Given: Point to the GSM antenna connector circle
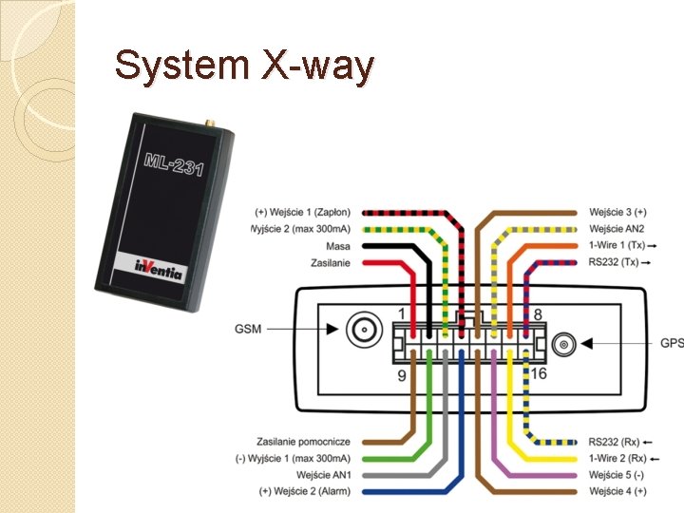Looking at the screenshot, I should point(362,331).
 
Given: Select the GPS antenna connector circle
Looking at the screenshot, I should point(563,343).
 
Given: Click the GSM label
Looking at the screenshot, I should point(250,330).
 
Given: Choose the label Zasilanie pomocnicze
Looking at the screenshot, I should point(303,442).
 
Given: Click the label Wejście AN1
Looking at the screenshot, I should point(324,474).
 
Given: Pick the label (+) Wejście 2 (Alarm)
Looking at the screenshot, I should point(304,490).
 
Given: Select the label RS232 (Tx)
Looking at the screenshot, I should point(614,262).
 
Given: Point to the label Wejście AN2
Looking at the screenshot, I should point(617,229).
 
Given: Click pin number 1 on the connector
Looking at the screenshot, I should point(402,314).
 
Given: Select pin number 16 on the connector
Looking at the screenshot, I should point(539,374).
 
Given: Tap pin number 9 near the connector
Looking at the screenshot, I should point(402,375).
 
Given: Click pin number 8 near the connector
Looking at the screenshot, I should point(538,314).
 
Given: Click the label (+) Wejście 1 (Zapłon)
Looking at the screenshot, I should point(302,212).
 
